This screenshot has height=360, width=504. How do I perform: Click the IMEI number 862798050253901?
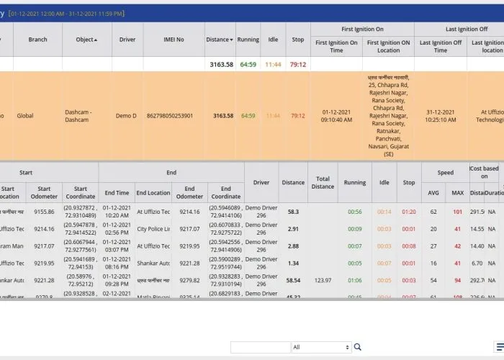[170, 116]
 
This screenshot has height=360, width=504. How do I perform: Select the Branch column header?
[37, 40]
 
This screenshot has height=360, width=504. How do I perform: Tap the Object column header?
[86, 40]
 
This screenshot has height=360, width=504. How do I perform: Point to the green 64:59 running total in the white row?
[248, 64]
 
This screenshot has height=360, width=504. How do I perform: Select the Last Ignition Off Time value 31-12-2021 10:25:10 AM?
[441, 116]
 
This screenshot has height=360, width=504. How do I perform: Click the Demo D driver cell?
[127, 116]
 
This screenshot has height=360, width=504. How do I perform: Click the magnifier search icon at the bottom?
[358, 347]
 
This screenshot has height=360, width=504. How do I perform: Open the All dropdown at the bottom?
[321, 347]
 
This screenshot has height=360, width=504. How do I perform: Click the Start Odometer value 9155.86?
[43, 212]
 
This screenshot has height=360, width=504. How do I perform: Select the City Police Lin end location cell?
[153, 229]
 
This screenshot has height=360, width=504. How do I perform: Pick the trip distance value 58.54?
[293, 280]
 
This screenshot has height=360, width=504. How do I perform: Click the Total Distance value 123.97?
[323, 280]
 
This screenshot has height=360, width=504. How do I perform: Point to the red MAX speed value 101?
[457, 212]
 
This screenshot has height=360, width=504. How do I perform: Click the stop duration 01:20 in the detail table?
[409, 212]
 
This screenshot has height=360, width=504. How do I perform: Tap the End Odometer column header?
[189, 193]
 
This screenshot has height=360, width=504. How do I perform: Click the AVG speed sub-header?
[433, 193]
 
